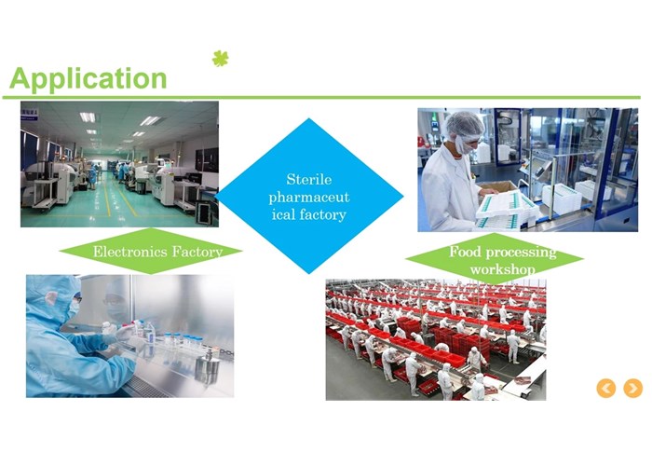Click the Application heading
pyautogui.click(x=88, y=79)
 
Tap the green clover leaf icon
pyautogui.click(x=221, y=58)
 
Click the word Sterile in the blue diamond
pyautogui.click(x=309, y=179)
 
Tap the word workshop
pyautogui.click(x=502, y=269)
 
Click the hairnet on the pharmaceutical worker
pyautogui.click(x=466, y=123)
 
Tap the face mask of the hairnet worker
pyautogui.click(x=462, y=145)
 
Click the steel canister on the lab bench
pyautogui.click(x=207, y=369)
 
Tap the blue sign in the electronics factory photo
pyautogui.click(x=30, y=114)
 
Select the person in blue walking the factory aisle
pyautogui.click(x=92, y=177)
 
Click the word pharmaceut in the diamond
pyautogui.click(x=309, y=198)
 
